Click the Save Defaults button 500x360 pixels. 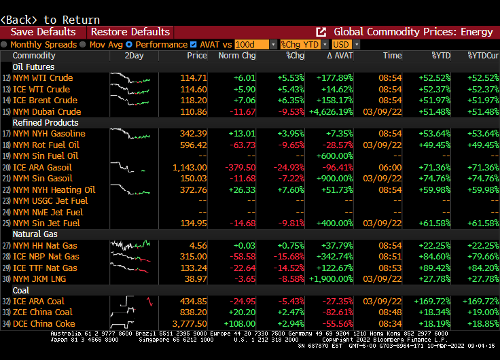pos(43,32)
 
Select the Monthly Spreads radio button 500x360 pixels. pos(5,44)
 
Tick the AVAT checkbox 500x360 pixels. pos(194,44)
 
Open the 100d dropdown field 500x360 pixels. pos(255,44)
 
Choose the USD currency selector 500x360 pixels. pos(342,44)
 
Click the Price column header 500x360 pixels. pos(197,56)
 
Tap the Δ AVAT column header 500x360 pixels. pos(340,56)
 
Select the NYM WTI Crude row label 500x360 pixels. pos(42,78)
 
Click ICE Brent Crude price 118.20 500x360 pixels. pos(194,101)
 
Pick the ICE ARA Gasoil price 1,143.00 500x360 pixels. pos(190,167)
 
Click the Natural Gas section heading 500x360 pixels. pos(35,234)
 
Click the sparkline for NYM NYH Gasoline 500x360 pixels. pos(130,134)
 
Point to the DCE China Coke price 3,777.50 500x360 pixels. pos(190,324)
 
